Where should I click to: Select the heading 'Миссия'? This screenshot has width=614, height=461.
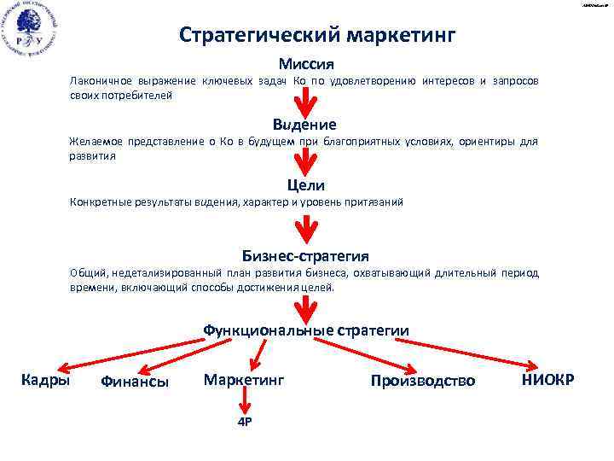point(305,64)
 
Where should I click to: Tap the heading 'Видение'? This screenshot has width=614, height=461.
point(304,125)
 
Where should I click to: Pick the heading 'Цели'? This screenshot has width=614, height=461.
point(308,185)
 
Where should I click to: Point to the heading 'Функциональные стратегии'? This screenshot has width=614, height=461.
point(305,330)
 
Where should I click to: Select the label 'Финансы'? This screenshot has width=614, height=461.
point(134,382)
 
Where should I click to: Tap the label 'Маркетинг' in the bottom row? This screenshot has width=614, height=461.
point(243,379)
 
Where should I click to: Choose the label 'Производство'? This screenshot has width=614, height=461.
point(423,381)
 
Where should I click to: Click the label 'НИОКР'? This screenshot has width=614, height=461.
point(547,379)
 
